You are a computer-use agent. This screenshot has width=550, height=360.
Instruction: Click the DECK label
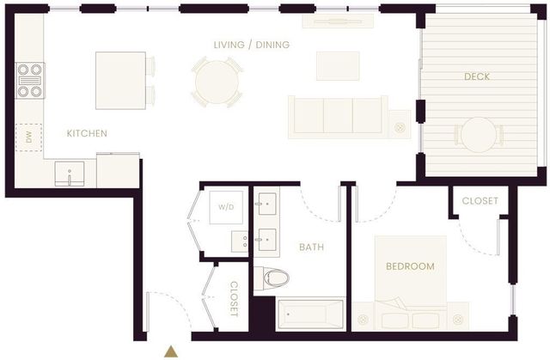[x=477, y=76]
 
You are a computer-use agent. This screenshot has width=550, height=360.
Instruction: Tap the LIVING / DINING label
[x=251, y=45]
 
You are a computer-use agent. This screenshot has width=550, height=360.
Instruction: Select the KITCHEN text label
[x=87, y=133]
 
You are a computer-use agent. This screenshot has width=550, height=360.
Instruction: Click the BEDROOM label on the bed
[x=410, y=266]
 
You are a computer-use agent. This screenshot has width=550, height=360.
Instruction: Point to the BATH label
[x=311, y=247]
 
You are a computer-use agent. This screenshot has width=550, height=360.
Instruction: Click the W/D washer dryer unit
[x=226, y=207]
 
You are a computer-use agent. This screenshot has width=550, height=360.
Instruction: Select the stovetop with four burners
[x=30, y=80]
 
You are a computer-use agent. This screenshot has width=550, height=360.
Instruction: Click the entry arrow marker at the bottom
[x=172, y=350]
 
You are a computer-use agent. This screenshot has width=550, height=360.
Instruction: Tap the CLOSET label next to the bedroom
[x=480, y=201]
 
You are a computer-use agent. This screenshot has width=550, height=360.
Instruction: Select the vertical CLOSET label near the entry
[x=233, y=299]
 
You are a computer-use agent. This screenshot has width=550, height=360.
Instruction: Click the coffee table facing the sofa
[x=338, y=65]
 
